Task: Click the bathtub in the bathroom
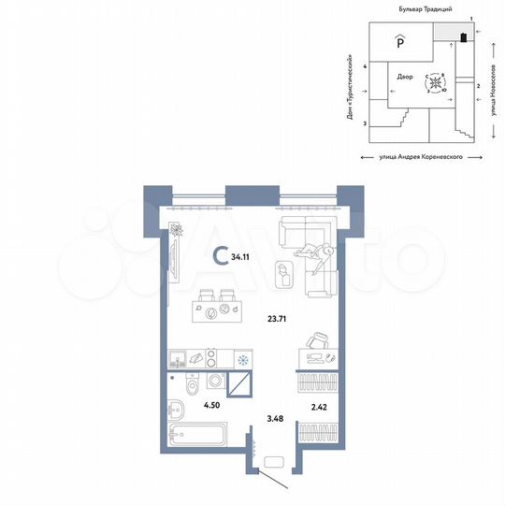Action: (x=197, y=434)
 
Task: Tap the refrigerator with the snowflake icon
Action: (x=243, y=359)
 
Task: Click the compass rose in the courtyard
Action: (x=436, y=83)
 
